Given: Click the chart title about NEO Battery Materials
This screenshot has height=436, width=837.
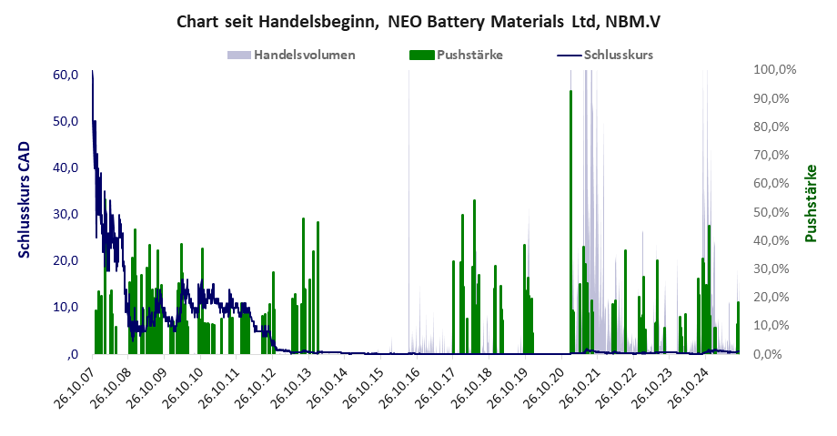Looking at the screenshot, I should (418, 21).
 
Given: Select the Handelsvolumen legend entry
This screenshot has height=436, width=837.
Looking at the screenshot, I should (304, 55).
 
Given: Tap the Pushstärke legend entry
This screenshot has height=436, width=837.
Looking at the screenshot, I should (469, 55).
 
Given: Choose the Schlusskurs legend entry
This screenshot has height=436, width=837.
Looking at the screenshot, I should (619, 55).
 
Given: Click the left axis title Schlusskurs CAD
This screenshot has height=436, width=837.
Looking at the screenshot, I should (25, 199).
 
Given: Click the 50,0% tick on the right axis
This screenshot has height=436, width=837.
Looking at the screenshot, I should (779, 212).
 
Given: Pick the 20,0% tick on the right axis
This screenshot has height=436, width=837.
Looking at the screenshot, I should (779, 297).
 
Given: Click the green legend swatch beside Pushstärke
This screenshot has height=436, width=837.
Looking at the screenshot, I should (422, 55).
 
